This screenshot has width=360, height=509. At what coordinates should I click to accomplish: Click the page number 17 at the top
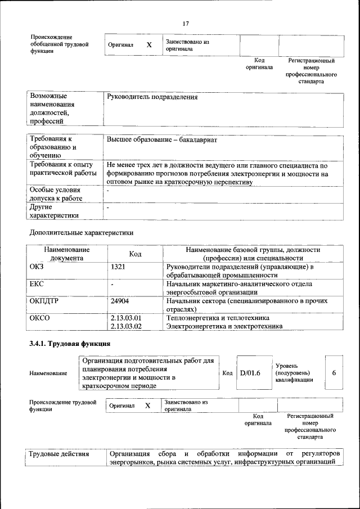pyautogui.click(x=185, y=23)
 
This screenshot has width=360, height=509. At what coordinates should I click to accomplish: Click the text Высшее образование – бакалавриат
pyautogui.click(x=162, y=140)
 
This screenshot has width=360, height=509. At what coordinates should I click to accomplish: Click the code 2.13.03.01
pyautogui.click(x=126, y=318)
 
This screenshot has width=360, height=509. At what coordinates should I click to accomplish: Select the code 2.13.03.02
pyautogui.click(x=126, y=326)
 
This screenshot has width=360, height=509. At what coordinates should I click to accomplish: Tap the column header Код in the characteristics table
pyautogui.click(x=135, y=254)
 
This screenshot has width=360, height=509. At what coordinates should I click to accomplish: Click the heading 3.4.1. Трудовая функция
pyautogui.click(x=70, y=344)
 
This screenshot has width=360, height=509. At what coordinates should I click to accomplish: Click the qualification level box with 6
pyautogui.click(x=334, y=372)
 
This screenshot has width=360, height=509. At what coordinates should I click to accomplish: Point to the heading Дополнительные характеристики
pyautogui.click(x=81, y=232)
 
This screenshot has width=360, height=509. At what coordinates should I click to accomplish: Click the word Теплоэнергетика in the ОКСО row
pyautogui.click(x=191, y=318)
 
